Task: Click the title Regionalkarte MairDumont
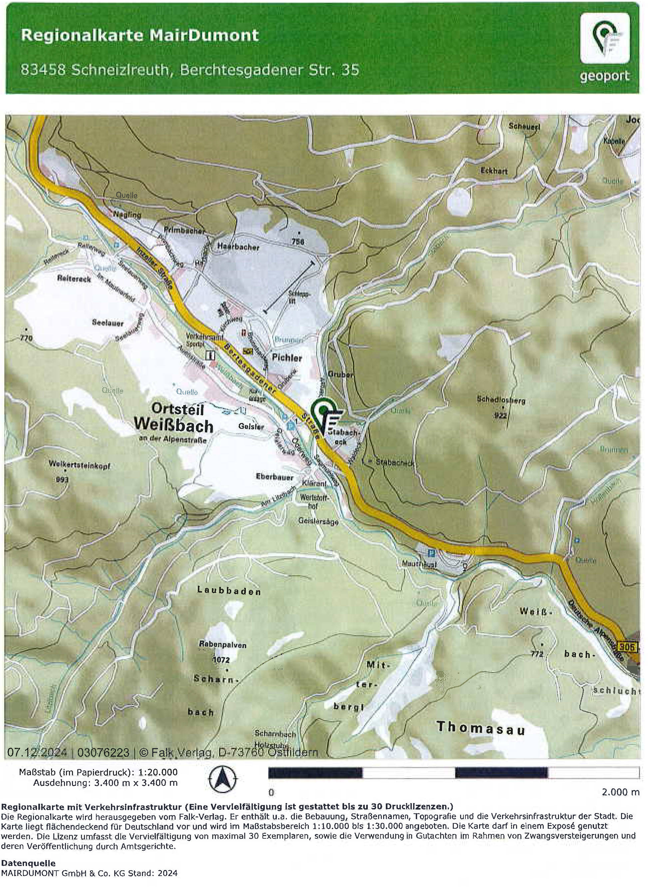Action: click(139, 36)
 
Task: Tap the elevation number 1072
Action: click(221, 660)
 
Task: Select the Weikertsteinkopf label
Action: click(79, 465)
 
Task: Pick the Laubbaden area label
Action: click(229, 591)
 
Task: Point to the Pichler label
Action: click(287, 357)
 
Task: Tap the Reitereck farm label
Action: click(74, 279)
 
